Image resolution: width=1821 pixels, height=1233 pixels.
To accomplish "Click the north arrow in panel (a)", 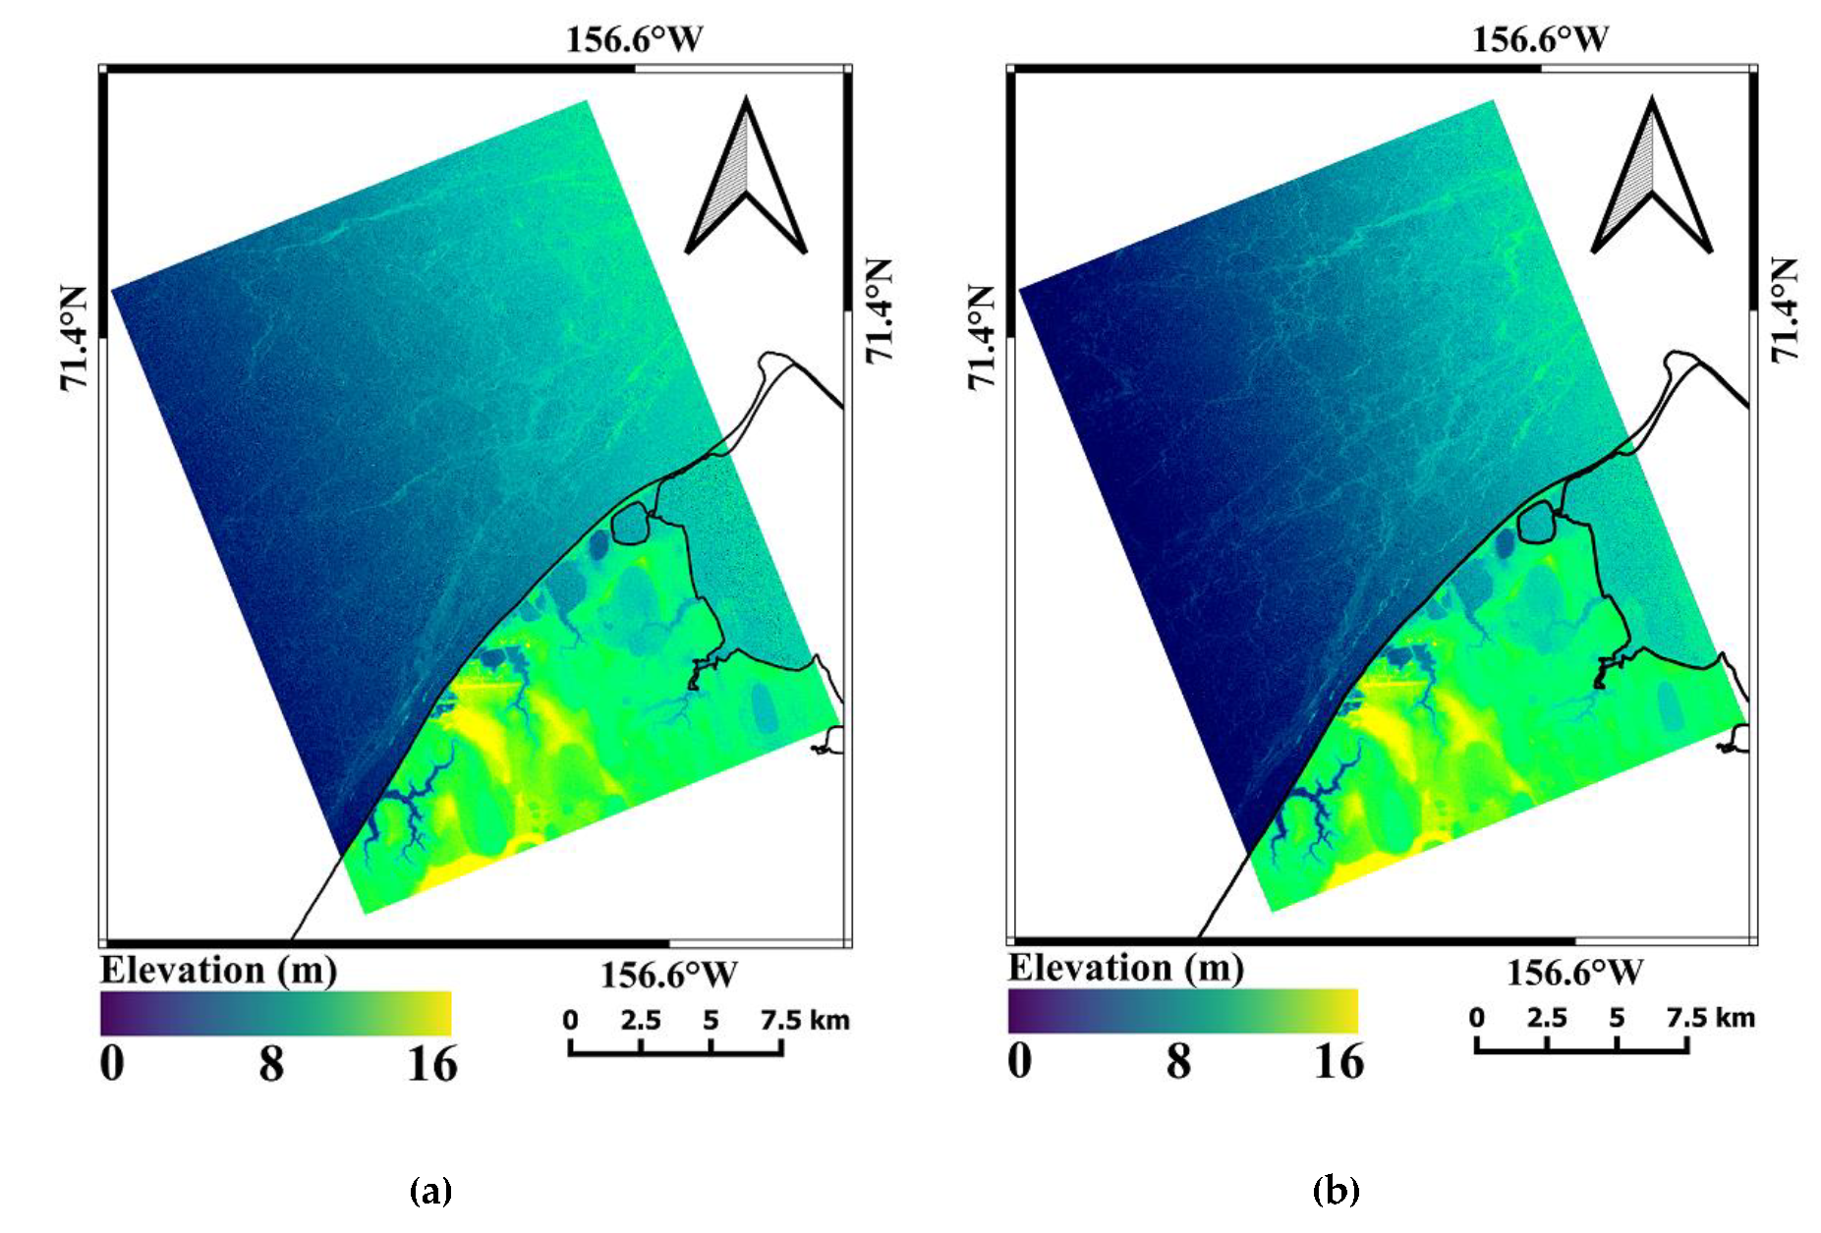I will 746,177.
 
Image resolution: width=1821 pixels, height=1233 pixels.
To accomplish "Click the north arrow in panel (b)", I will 1652,177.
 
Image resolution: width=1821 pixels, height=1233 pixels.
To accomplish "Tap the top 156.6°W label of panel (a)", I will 634,40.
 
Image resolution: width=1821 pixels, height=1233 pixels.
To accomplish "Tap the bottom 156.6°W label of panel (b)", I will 1574,973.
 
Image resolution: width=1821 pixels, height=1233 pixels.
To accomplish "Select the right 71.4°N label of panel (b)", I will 1785,309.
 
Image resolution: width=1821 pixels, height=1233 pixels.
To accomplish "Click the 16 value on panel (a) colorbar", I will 432,1064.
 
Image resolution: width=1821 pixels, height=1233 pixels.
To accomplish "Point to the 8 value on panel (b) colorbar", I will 1178,1061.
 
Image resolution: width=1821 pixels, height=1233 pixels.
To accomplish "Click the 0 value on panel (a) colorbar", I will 112,1064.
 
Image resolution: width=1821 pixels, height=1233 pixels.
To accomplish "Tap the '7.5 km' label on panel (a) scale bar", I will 804,1021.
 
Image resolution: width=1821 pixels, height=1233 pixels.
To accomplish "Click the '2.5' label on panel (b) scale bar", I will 1546,1018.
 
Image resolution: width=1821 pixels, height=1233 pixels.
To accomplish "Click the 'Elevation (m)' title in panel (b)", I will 1126,968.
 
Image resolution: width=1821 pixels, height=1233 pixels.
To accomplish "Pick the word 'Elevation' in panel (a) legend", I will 183,971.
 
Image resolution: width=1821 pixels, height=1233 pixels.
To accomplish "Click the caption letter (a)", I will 430,1191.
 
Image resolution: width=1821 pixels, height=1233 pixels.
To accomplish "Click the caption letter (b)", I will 1336,1191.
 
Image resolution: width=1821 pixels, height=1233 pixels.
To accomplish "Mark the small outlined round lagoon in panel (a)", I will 630,524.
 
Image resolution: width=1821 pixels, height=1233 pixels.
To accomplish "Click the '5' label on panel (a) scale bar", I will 711,1021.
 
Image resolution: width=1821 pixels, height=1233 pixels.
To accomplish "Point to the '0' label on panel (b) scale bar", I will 1476,1018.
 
